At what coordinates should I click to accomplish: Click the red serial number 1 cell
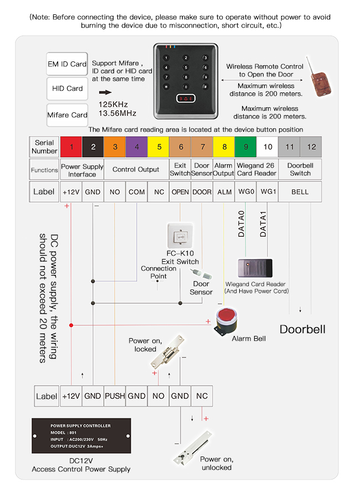pyautogui.click(x=71, y=147)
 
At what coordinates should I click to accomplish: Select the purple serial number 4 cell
pyautogui.click(x=136, y=147)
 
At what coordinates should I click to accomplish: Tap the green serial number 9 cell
pyautogui.click(x=245, y=147)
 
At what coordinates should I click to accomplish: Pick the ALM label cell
pyautogui.click(x=224, y=191)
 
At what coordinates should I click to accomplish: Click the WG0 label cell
pyautogui.click(x=245, y=191)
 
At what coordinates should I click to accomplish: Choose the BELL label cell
pyautogui.click(x=300, y=191)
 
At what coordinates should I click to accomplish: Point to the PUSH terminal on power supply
pyautogui.click(x=115, y=396)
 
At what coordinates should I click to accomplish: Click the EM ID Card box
pyautogui.click(x=67, y=64)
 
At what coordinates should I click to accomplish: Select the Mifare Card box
pyautogui.click(x=67, y=115)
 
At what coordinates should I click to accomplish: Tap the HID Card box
pyautogui.click(x=67, y=89)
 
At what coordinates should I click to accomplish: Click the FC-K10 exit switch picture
pyautogui.click(x=180, y=237)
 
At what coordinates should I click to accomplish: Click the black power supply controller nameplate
pyautogui.click(x=81, y=436)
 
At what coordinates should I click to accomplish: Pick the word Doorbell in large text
pyautogui.click(x=302, y=329)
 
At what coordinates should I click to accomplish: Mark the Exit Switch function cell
pyautogui.click(x=180, y=169)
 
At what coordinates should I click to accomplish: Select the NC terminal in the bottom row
pyautogui.click(x=202, y=396)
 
